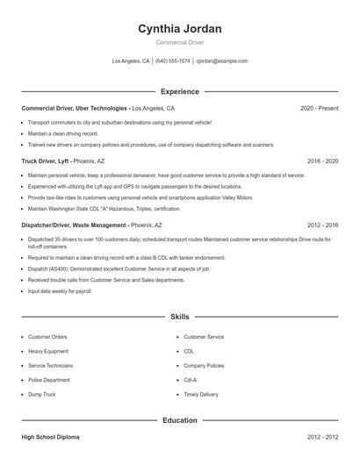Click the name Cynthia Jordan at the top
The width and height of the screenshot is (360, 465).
pos(179,29)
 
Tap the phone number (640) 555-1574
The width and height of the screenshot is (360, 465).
pos(173,61)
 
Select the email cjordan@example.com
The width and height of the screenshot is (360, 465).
pos(221,61)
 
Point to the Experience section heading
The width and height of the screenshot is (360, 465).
pos(179,91)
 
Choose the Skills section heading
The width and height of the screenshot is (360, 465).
pos(179,316)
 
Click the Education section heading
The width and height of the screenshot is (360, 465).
pos(179,420)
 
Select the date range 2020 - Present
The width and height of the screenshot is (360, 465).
pos(319,108)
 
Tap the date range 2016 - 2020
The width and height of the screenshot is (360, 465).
pos(322,161)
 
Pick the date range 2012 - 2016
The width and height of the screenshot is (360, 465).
pos(322,225)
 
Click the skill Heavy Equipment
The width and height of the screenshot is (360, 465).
pos(48,350)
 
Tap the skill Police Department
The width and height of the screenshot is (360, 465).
pos(50,379)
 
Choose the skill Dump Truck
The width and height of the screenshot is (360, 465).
pos(43,395)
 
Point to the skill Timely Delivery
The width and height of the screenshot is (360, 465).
pos(201,395)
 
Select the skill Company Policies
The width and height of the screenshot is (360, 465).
pos(204,365)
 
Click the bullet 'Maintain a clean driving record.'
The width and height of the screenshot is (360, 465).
pos(61,132)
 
